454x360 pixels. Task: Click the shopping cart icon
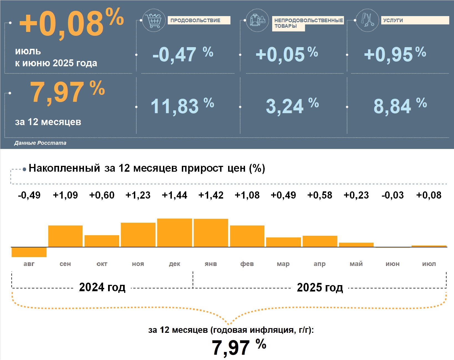[x=153, y=20]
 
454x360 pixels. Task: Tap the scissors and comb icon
[x=367, y=20]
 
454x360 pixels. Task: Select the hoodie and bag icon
[x=257, y=20]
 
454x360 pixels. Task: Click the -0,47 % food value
[x=183, y=54]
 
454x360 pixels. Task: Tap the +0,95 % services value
[x=395, y=54]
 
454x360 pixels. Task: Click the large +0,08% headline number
[x=71, y=23]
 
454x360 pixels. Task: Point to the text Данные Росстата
[x=40, y=143]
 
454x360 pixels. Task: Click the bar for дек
[x=175, y=233]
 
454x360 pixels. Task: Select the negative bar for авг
[x=29, y=252]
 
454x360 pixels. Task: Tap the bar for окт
[x=102, y=241]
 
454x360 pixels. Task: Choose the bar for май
[x=356, y=245]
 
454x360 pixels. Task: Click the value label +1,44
[x=175, y=195]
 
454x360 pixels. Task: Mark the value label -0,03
[x=392, y=195]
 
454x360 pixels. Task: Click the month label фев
[x=247, y=264]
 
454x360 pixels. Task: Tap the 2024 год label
[x=102, y=287]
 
